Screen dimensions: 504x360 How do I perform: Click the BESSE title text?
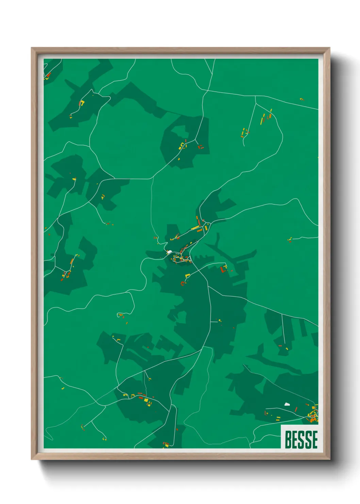click(301, 439)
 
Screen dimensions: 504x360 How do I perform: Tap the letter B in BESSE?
click(288, 439)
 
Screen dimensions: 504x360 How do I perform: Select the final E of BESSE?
click(314, 439)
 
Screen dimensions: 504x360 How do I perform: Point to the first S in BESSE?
click(301, 439)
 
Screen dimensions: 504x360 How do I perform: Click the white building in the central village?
click(169, 252)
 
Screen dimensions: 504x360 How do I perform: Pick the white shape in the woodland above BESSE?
click(287, 404)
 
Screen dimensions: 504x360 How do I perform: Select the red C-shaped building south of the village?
click(183, 283)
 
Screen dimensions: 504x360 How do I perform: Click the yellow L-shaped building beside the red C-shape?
click(187, 275)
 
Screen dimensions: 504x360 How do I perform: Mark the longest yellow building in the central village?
click(195, 227)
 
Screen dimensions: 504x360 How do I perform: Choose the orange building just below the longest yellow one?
click(199, 231)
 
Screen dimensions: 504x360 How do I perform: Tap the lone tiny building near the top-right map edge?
click(301, 99)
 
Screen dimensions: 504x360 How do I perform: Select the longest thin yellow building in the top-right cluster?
click(262, 120)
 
